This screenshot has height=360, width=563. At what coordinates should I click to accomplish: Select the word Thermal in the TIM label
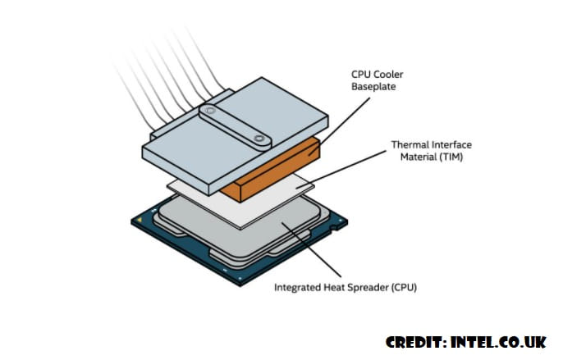[x=408, y=145]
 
